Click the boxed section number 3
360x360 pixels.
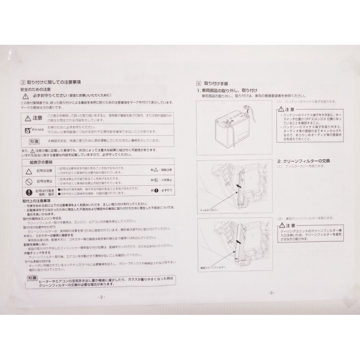point(23,82)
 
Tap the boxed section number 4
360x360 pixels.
point(199,83)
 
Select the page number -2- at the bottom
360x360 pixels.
point(101,296)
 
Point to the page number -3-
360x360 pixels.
point(271,293)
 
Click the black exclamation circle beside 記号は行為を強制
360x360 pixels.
point(29,192)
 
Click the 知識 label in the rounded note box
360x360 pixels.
point(33,278)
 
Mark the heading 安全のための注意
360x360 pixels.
point(35,89)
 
